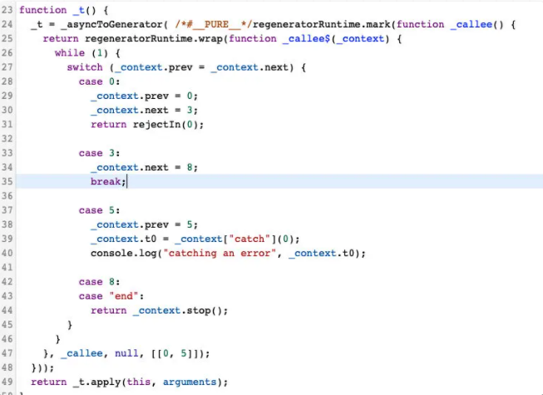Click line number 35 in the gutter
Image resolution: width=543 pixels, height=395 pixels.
pyautogui.click(x=7, y=181)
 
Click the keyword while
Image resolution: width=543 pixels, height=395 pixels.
pyautogui.click(x=69, y=53)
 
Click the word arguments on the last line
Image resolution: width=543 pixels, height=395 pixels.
pyautogui.click(x=194, y=382)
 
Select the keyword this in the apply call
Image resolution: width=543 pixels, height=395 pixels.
pyautogui.click(x=145, y=382)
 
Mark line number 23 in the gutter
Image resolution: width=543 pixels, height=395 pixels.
pyautogui.click(x=7, y=10)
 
